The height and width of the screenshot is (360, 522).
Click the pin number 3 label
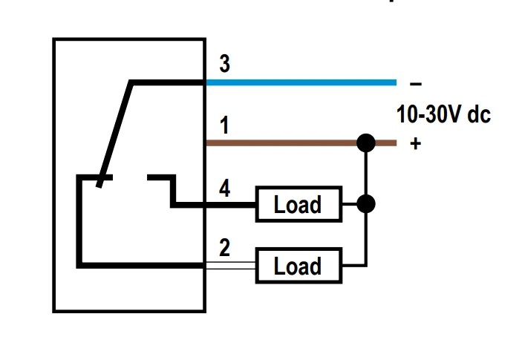224,65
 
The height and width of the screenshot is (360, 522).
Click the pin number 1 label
224,126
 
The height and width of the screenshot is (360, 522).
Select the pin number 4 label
224,189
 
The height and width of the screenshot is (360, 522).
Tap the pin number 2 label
224,249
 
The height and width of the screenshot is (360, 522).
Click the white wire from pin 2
230,264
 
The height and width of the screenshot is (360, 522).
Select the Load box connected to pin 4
298,204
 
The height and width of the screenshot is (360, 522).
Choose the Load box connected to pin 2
298,266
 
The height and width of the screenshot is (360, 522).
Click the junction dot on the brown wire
365,142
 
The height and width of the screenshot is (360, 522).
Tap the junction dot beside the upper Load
365,203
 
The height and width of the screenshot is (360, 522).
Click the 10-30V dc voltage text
443,116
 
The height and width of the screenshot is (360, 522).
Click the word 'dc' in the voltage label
479,116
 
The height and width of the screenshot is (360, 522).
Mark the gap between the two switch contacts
130,177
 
